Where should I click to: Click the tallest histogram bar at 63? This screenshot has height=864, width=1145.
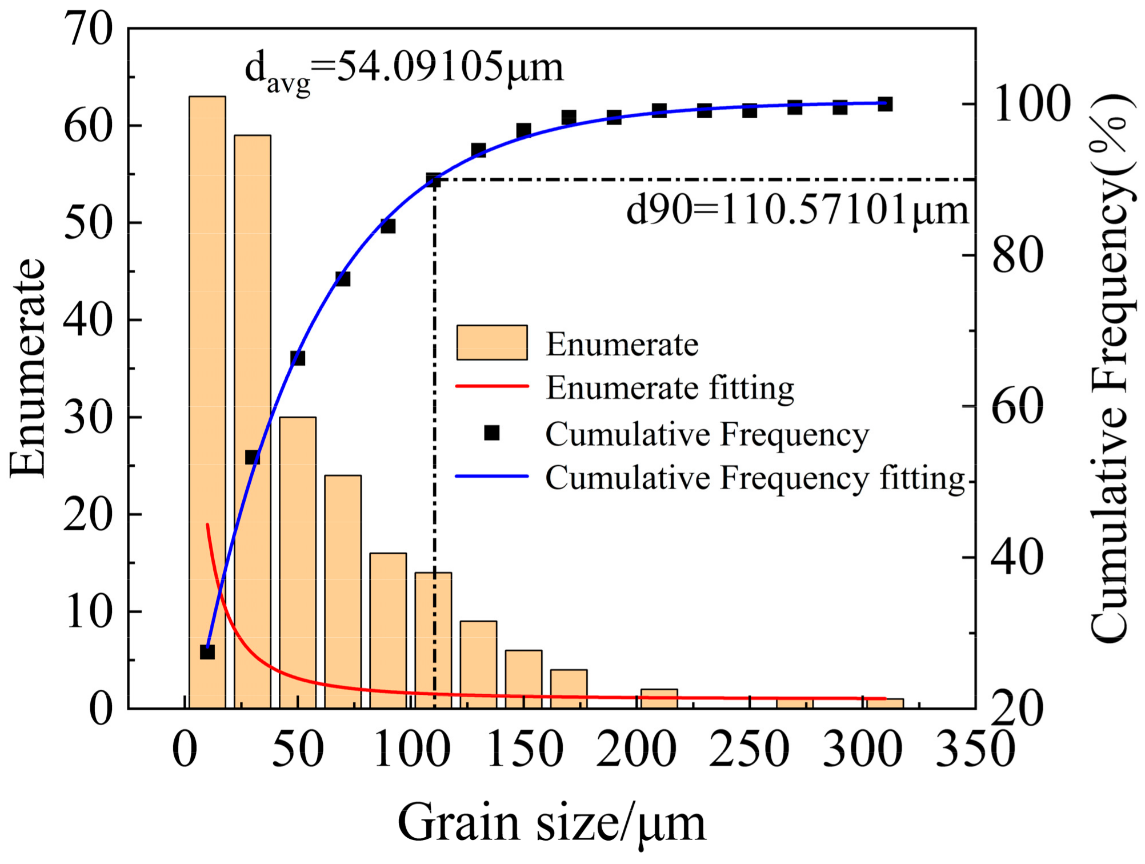pos(207,400)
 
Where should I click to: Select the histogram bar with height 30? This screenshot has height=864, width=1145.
pos(298,563)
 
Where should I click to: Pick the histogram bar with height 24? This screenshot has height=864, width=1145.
pos(343,591)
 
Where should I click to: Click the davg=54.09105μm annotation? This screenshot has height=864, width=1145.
pos(404,69)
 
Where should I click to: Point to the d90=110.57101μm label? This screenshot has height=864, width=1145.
pos(797,210)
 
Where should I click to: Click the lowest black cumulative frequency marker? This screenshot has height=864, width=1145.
pos(207,651)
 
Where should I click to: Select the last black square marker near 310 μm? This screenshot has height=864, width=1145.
pos(885,104)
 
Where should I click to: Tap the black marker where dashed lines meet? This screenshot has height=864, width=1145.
pos(434,181)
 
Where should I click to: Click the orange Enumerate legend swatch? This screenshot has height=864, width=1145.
pos(492,343)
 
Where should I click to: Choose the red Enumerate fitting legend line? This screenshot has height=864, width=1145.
pos(492,387)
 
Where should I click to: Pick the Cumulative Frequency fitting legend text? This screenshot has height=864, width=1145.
pos(755,478)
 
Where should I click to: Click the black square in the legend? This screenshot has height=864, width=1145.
pos(492,433)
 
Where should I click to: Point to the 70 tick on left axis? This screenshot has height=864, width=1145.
pos(89,30)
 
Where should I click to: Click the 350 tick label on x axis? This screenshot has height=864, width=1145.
pos(975,750)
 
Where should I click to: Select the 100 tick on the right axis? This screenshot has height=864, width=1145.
pos(1032,105)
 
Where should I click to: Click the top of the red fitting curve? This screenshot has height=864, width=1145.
pos(207,525)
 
